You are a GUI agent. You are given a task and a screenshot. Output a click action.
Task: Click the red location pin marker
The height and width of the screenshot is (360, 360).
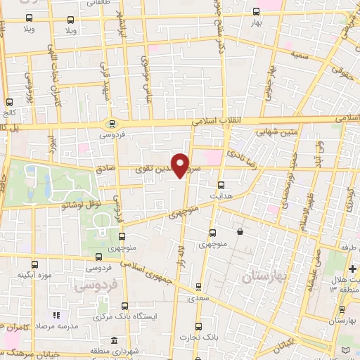click(181, 165)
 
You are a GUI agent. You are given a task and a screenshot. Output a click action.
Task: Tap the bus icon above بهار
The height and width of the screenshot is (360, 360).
click(255, 12)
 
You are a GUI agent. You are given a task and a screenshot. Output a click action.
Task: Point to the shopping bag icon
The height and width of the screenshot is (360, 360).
click(240, 231)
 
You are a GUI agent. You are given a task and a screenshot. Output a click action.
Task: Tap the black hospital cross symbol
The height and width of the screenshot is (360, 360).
click(352, 269)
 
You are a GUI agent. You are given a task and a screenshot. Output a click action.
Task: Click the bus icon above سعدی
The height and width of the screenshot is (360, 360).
click(198, 286)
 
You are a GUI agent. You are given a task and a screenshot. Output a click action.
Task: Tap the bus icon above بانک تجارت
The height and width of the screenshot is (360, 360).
click(199, 326)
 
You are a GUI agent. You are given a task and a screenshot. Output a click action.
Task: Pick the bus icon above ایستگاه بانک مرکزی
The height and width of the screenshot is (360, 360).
click(124, 306)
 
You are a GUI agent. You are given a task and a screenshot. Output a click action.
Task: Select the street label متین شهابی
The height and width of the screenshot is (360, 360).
click(279, 130)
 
